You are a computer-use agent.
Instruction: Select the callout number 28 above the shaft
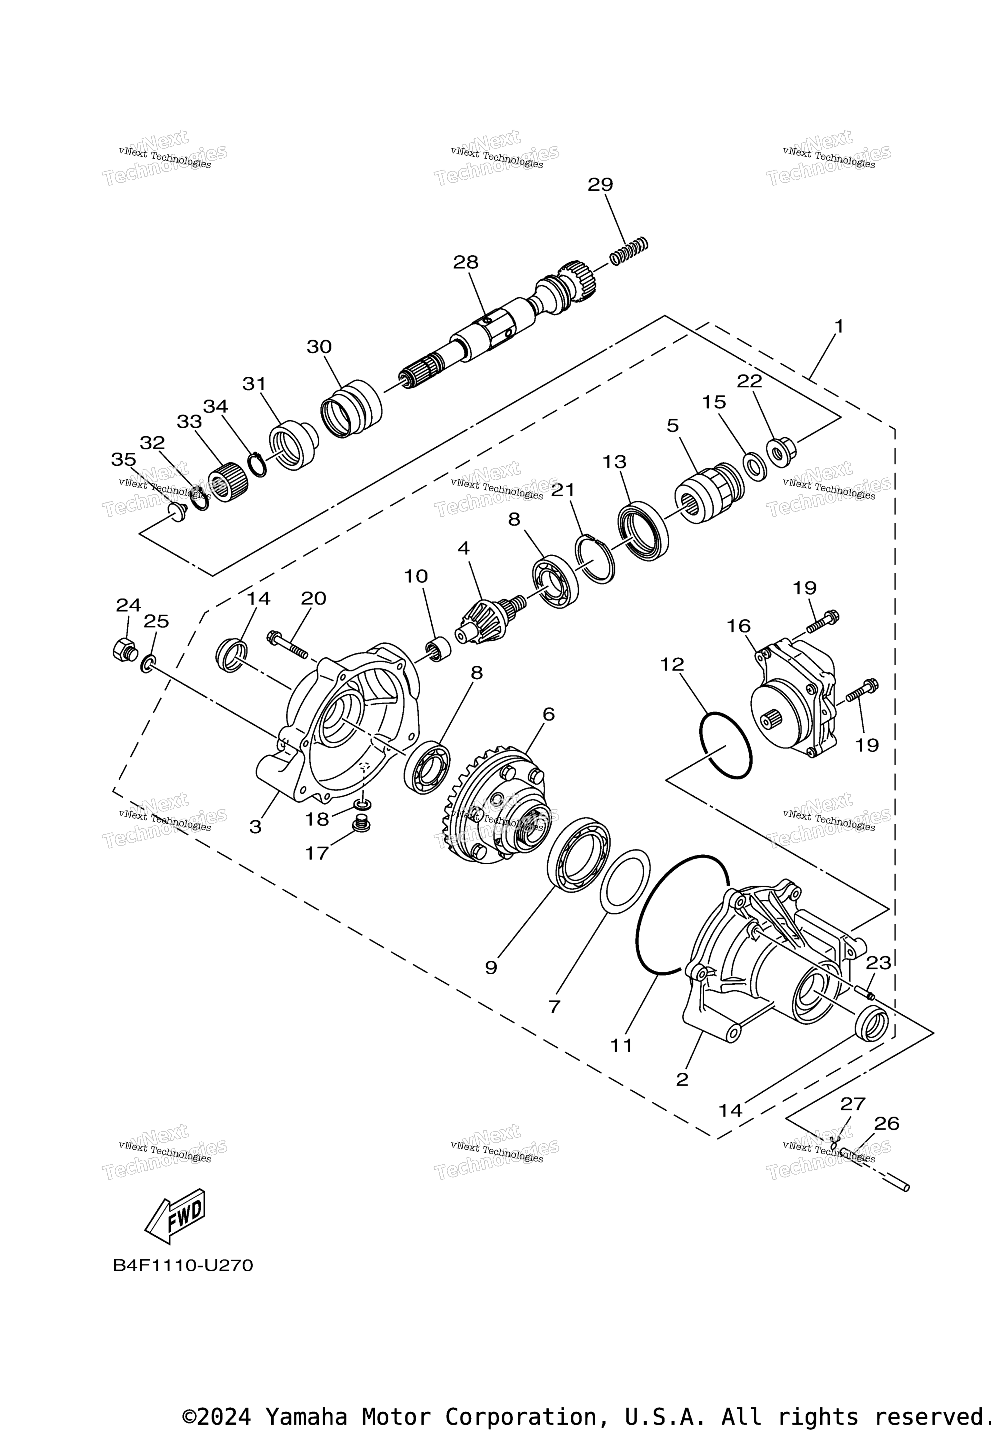click(466, 263)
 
